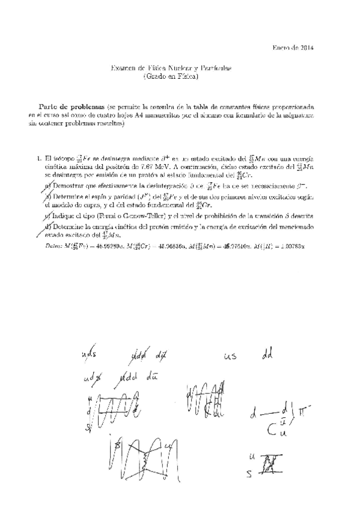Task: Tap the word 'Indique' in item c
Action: tap(64, 215)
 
